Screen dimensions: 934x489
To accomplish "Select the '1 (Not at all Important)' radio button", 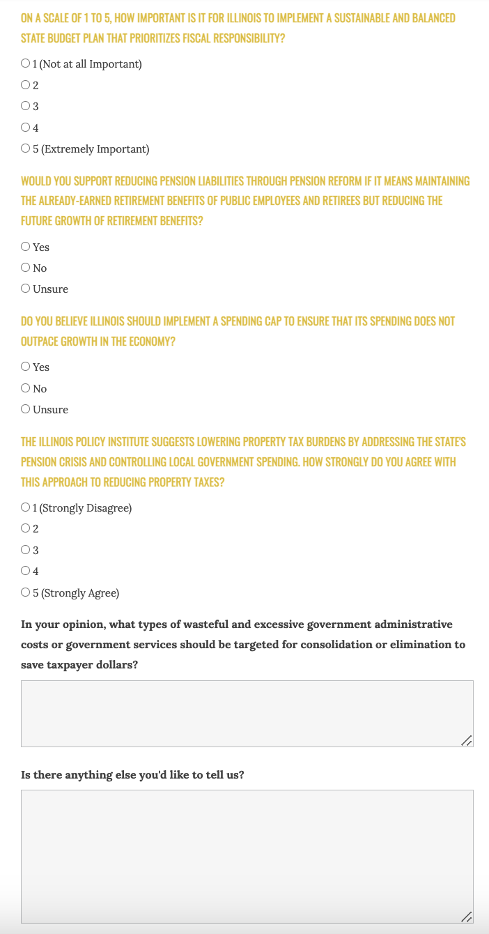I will point(26,64).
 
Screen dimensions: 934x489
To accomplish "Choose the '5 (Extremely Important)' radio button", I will point(26,148).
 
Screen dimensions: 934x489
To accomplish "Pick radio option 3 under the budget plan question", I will point(26,106).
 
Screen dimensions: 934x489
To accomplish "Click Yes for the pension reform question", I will point(26,247).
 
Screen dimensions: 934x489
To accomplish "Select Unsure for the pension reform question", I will point(26,289).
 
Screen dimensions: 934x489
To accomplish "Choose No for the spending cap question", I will point(26,388).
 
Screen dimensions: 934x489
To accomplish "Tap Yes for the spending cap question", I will point(26,367).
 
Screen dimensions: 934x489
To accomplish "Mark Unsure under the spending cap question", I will point(26,409).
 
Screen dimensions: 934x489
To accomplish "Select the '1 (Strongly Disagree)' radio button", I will point(26,507).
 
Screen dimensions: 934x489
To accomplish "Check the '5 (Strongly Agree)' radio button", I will point(26,592).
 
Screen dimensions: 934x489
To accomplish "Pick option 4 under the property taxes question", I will point(26,571).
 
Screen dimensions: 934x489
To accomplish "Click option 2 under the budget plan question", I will point(26,85).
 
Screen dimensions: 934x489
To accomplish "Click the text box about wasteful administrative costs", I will point(247,713).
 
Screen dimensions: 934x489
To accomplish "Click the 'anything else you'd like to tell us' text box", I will point(247,856).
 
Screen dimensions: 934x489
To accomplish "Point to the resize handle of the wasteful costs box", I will point(467,741).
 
